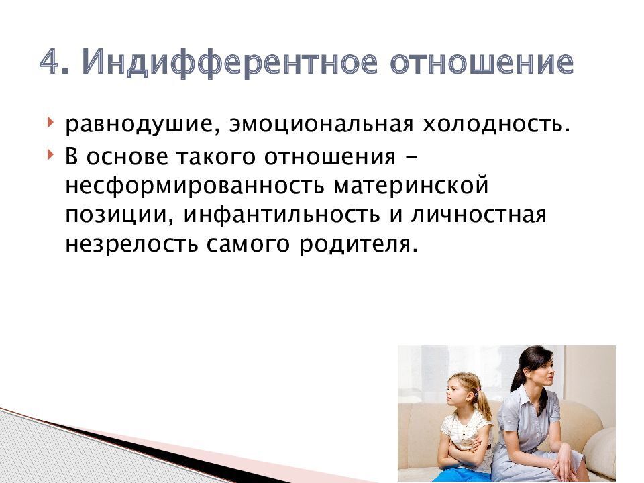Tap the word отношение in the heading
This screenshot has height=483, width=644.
tap(482, 62)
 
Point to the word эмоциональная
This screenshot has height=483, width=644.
tap(321, 123)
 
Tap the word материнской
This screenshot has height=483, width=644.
tap(411, 185)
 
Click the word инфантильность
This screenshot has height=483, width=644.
tap(282, 214)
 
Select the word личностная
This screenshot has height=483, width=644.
tap(479, 215)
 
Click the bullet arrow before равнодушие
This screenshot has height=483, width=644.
tap(50, 123)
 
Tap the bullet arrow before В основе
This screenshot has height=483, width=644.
tap(50, 155)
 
